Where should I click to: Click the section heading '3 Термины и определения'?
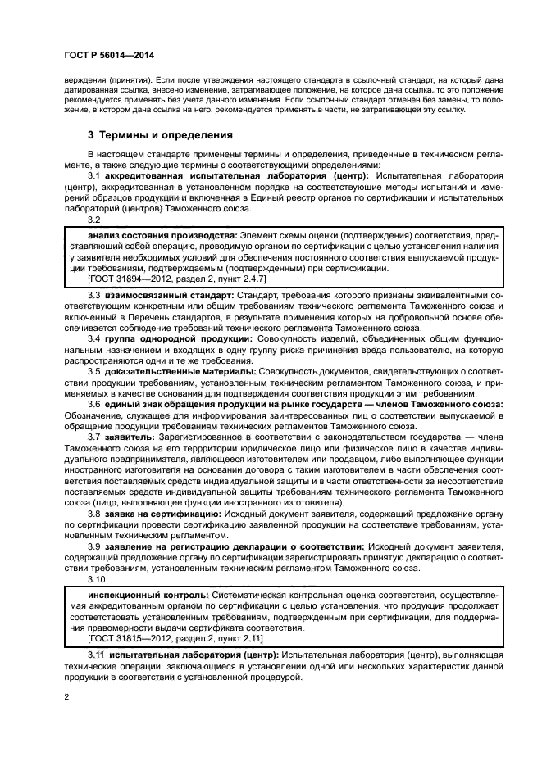coord(160,134)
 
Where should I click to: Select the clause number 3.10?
coord(98,578)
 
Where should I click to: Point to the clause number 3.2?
coord(94,220)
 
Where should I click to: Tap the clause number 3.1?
coord(94,175)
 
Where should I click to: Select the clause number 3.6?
coord(94,404)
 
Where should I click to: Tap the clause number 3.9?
coord(94,546)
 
